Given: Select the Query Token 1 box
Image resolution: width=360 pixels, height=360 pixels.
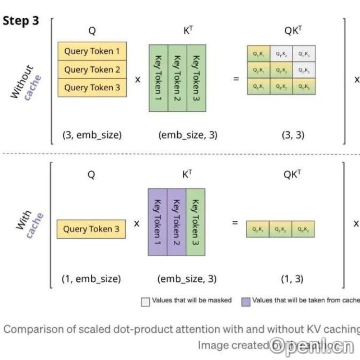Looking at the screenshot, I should (92, 51).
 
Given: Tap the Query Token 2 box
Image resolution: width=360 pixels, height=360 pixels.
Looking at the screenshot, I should (92, 70).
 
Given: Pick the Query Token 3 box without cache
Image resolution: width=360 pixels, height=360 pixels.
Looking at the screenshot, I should (92, 87).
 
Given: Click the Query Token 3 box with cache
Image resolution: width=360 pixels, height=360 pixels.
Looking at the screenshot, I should (91, 229).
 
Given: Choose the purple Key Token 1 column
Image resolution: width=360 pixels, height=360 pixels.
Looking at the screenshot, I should (157, 221).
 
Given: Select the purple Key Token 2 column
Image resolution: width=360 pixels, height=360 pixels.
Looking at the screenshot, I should (176, 221).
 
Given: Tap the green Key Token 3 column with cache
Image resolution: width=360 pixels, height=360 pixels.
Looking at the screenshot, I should (195, 221).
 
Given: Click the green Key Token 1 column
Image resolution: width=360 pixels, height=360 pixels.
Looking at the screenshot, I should (158, 78).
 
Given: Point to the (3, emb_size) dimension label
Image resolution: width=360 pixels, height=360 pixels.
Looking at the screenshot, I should (92, 135).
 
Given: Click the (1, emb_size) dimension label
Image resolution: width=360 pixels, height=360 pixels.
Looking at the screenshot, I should (91, 278).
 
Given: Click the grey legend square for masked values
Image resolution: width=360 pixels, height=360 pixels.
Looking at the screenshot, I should (145, 301).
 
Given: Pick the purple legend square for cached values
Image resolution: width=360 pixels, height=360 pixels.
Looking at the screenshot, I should (246, 301).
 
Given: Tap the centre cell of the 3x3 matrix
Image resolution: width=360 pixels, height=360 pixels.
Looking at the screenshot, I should (281, 70).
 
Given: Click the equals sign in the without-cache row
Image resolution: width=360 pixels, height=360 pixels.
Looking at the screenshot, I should (236, 79).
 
